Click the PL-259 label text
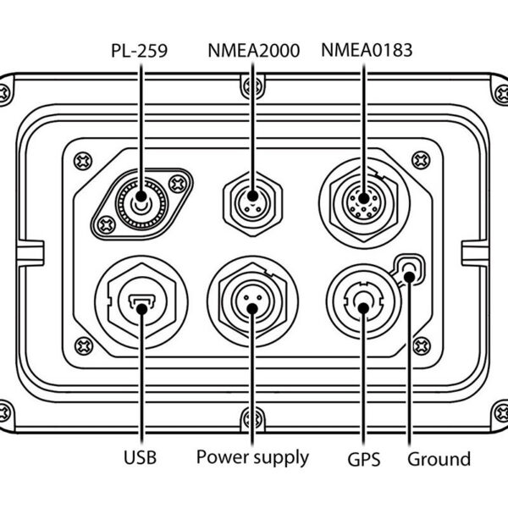pyautogui.click(x=140, y=52)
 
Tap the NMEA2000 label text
pyautogui.click(x=254, y=52)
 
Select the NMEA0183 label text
pyautogui.click(x=367, y=52)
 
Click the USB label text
pyautogui.click(x=140, y=459)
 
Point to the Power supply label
pyautogui.click(x=252, y=458)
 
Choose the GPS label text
pyautogui.click(x=363, y=460)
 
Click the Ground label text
pyautogui.click(x=439, y=459)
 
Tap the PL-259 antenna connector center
pyautogui.click(x=141, y=202)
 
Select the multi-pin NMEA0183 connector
pyautogui.click(x=364, y=202)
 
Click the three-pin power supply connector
pyautogui.click(x=252, y=303)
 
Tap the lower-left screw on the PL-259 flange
pyautogui.click(x=107, y=224)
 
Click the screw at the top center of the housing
pyautogui.click(x=251, y=86)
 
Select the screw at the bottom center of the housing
pyautogui.click(x=251, y=418)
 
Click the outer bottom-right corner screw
pyautogui.click(x=500, y=412)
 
